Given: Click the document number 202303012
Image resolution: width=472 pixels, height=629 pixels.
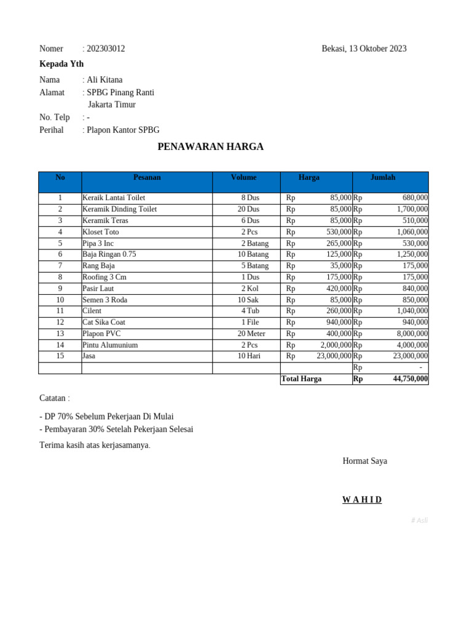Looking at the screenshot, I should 106,49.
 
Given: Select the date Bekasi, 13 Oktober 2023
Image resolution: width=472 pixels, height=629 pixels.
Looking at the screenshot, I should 364,49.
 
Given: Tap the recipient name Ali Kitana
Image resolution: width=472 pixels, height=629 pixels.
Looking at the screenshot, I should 104,80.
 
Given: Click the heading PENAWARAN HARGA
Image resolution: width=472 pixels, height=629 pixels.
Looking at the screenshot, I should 210,147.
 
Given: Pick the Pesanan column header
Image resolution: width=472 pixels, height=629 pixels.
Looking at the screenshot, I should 147,178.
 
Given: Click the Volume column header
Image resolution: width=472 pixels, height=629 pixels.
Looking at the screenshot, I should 243,178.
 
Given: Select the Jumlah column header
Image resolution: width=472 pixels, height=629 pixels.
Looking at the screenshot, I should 383,178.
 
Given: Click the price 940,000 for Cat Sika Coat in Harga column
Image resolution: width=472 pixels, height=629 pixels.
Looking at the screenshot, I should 339,322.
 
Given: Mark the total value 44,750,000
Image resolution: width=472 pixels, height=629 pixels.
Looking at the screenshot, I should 410,379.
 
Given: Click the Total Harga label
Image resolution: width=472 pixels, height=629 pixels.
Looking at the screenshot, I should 301,379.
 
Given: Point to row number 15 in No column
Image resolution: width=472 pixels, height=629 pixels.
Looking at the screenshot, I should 60,356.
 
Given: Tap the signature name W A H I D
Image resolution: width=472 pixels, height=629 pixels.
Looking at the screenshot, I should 362,500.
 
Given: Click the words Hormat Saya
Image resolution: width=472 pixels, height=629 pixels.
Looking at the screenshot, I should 364,461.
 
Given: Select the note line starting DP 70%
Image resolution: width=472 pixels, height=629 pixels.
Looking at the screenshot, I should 106,416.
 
